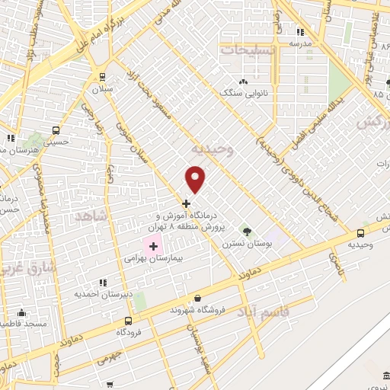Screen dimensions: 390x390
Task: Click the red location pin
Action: (x=197, y=179)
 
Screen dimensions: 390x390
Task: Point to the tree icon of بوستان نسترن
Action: (x=245, y=229)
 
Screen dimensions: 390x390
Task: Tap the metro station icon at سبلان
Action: (x=103, y=77)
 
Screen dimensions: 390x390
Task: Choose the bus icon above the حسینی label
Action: (x=55, y=129)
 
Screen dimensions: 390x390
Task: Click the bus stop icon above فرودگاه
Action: (x=128, y=321)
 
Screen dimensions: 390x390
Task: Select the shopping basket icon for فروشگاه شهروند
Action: (x=198, y=298)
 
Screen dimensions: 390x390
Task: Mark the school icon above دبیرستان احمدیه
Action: (x=104, y=283)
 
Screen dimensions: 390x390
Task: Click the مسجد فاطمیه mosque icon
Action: (x=21, y=312)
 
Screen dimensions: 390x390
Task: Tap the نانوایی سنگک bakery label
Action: (x=244, y=92)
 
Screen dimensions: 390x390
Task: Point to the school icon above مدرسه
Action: (x=299, y=32)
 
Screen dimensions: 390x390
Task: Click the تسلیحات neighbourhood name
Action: (x=248, y=49)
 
